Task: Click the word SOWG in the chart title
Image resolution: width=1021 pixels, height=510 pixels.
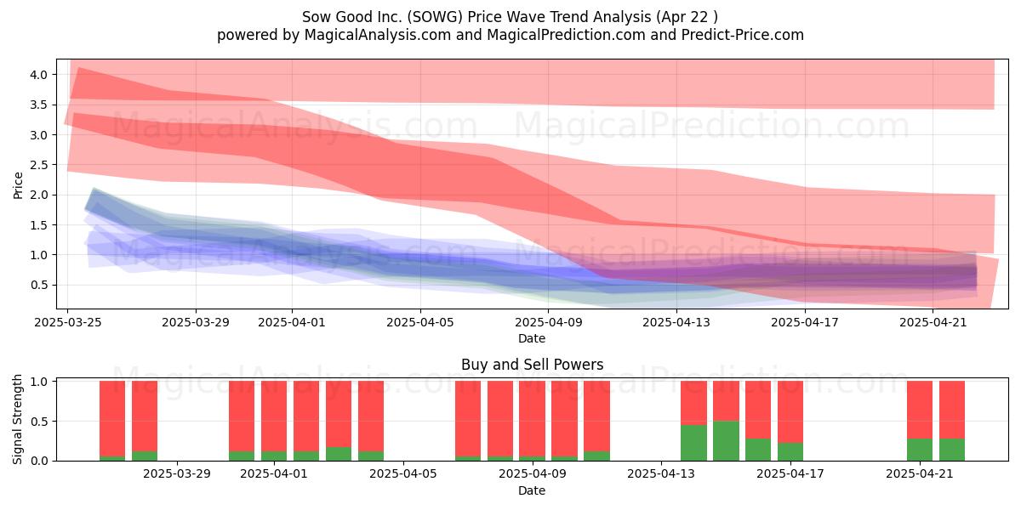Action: pos(435,17)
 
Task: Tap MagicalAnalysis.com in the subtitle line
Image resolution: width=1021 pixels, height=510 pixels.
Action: pos(378,35)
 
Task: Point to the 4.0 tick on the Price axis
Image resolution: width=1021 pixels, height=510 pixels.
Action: pos(39,75)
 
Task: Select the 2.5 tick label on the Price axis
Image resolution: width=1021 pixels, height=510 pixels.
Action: pos(39,165)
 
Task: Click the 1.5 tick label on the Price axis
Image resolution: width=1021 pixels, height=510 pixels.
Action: pos(39,225)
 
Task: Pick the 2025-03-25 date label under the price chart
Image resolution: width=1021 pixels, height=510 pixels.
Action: pos(68,322)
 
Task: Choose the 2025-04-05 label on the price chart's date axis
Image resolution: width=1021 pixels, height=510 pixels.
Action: pos(420,322)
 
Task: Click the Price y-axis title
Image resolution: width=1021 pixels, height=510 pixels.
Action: pos(18,185)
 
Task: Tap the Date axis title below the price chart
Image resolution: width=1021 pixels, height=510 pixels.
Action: pos(532,338)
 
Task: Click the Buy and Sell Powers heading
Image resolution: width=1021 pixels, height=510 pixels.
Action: pos(532,365)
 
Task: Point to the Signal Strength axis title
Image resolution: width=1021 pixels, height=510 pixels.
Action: pos(17,419)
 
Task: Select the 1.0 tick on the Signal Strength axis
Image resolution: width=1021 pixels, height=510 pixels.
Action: pos(39,382)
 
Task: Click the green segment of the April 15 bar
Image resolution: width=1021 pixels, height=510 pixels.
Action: pos(726,441)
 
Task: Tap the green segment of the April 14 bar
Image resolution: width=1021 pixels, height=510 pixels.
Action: pos(693,443)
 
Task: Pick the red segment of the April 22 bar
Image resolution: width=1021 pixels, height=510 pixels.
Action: pos(952,410)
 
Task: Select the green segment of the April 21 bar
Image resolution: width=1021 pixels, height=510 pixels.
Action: pos(920,450)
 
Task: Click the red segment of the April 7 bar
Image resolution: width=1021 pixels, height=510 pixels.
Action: pos(468,418)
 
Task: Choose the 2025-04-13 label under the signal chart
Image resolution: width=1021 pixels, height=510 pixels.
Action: pos(661,474)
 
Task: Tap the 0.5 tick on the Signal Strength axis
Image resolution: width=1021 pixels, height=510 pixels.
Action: pos(39,422)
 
